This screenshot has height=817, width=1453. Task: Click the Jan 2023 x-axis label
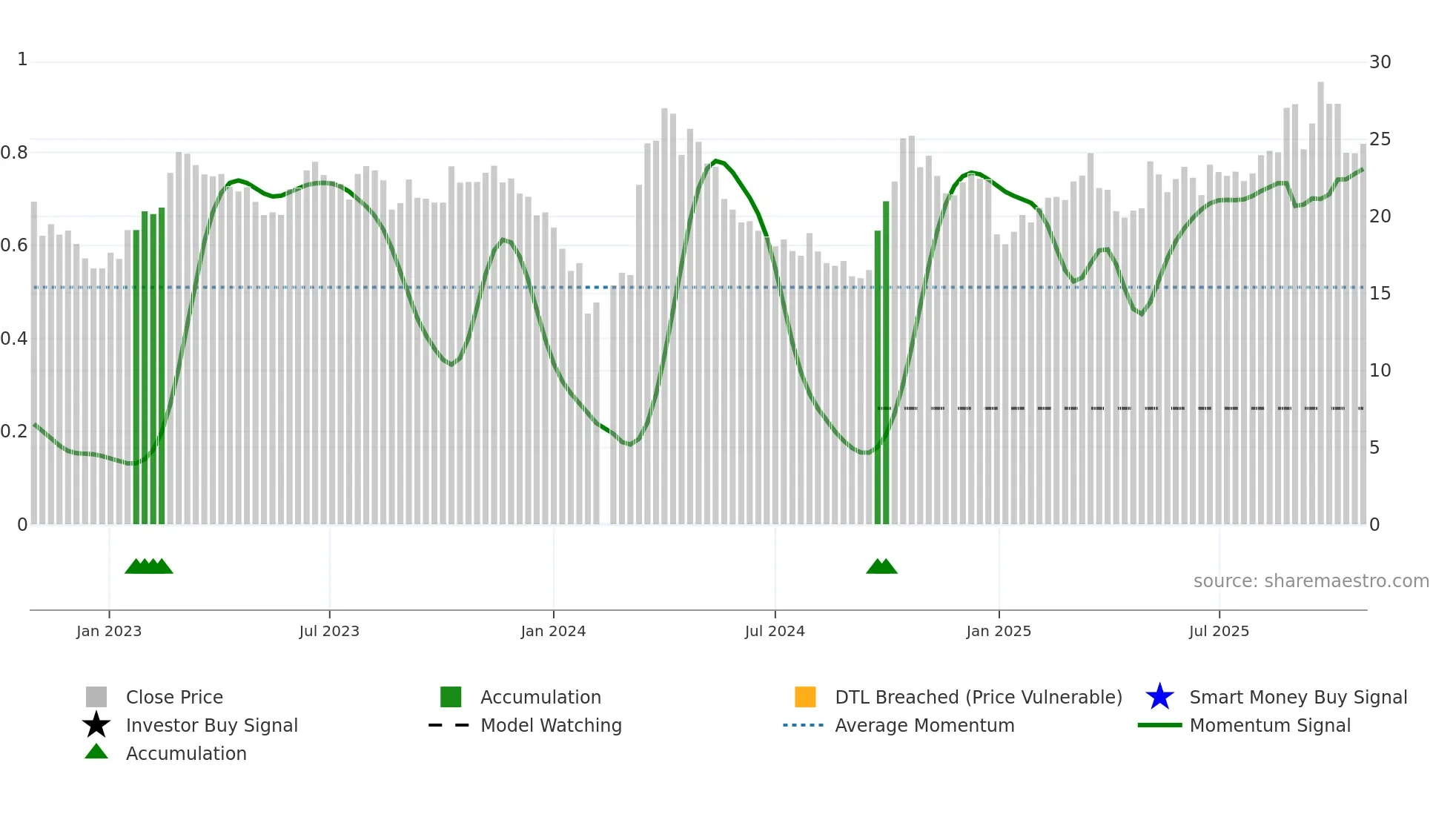pos(109,631)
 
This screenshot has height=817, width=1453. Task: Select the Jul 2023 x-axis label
pos(329,631)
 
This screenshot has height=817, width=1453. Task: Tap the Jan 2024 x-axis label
pos(553,631)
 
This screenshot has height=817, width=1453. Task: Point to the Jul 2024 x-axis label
pos(775,631)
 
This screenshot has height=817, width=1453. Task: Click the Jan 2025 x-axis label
pos(999,631)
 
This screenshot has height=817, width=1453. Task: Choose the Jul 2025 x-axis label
pos(1219,631)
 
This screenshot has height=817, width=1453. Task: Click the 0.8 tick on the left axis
pos(14,153)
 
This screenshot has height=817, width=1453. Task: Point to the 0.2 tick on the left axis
pos(14,431)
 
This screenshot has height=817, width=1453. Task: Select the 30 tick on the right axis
pos(1380,62)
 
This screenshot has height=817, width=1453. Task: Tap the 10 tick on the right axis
pos(1380,371)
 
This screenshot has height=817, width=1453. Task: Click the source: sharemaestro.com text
pos(1311,581)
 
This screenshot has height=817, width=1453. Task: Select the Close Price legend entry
pos(174,697)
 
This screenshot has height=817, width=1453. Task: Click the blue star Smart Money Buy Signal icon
pos(1159,697)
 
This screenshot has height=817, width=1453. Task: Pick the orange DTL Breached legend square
pos(805,697)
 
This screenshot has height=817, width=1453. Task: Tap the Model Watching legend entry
pos(551,725)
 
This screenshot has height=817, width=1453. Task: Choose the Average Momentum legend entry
pos(924,725)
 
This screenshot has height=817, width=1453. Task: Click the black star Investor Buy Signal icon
pos(96,725)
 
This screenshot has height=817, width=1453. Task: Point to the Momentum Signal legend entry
pos(1270,725)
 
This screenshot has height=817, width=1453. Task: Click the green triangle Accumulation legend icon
pos(96,752)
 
